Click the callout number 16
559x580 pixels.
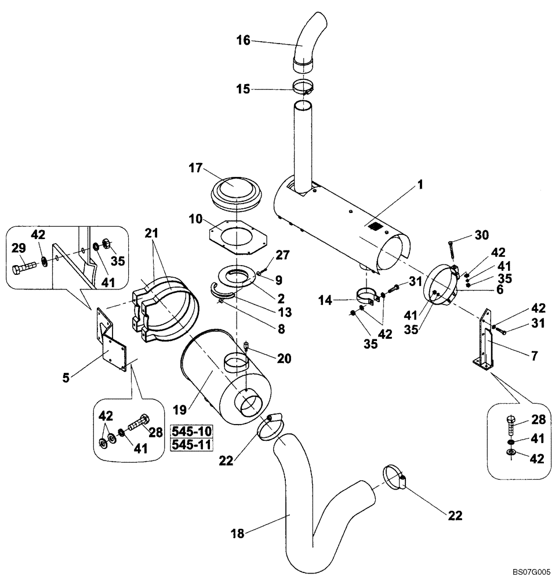pos(243,40)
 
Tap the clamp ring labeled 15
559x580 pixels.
pos(304,89)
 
